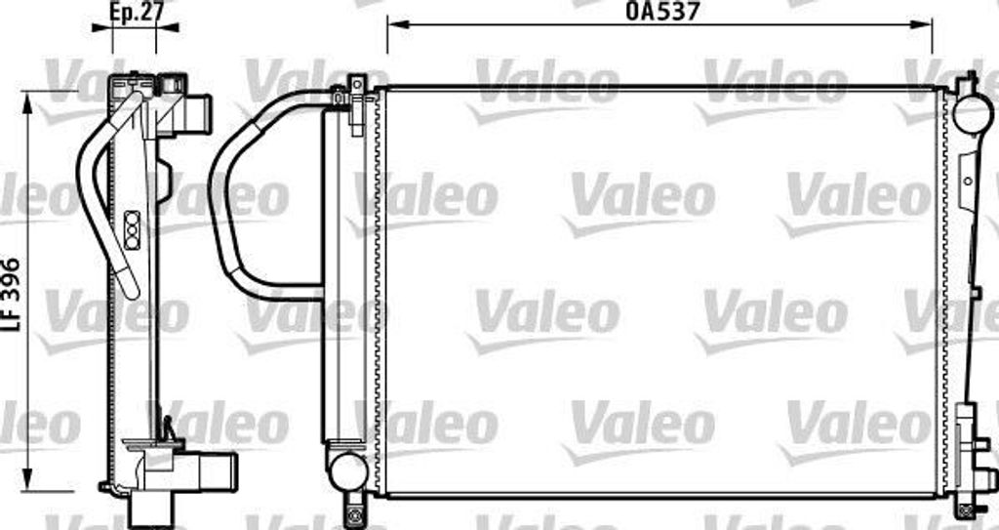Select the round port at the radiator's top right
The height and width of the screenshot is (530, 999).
pyautogui.click(x=972, y=114)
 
